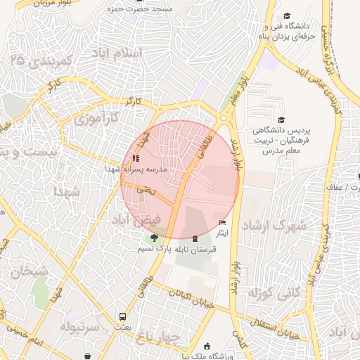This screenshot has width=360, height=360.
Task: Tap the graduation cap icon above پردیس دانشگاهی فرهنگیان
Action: pyautogui.click(x=282, y=120)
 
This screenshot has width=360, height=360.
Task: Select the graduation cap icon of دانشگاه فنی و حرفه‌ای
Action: pyautogui.click(x=287, y=16)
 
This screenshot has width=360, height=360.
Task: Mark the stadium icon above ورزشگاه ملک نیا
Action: pyautogui.click(x=207, y=345)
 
